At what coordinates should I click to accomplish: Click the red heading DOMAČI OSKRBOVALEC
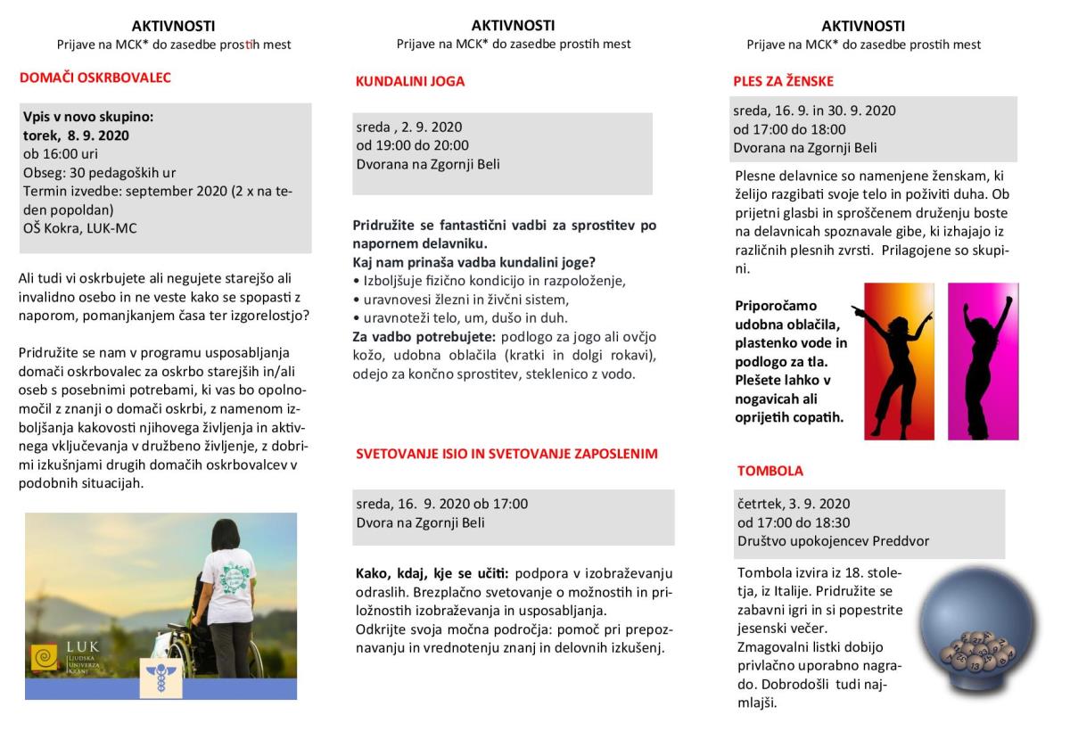point(95,78)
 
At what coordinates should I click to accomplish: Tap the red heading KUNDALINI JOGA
point(409,81)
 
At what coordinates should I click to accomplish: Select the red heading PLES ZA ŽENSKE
point(783,81)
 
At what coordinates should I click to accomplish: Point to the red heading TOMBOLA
point(770,471)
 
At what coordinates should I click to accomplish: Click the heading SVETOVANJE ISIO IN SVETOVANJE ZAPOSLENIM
point(506,454)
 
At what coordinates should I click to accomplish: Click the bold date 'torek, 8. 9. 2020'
point(76,136)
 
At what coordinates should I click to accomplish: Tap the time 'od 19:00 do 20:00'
point(412,145)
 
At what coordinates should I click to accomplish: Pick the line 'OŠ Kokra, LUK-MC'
point(80,228)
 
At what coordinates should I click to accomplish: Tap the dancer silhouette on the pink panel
point(984,361)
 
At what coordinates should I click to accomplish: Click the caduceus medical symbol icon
point(161,677)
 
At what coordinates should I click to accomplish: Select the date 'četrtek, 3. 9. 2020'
point(794,504)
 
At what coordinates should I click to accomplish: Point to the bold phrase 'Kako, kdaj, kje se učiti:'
point(432,572)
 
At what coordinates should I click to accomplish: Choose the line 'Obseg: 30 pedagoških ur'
point(99,172)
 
